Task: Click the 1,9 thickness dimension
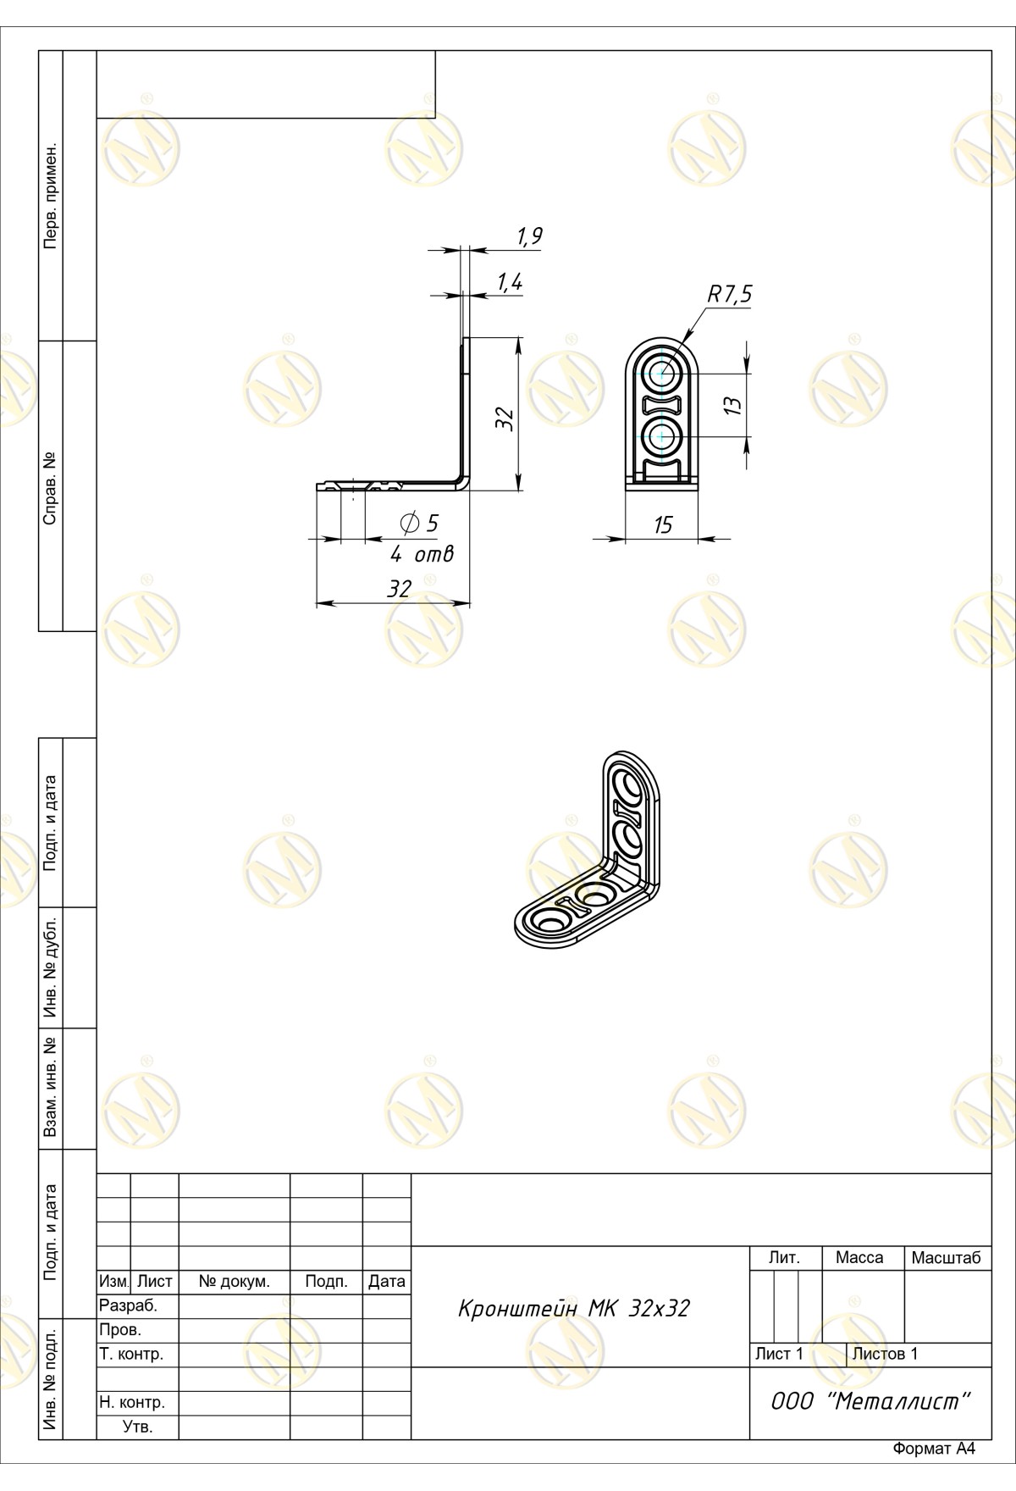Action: pyautogui.click(x=529, y=236)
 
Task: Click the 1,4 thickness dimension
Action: pyautogui.click(x=510, y=283)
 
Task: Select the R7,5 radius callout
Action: pyautogui.click(x=730, y=295)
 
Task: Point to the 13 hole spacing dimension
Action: pyautogui.click(x=735, y=405)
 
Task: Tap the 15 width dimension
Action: pyautogui.click(x=663, y=525)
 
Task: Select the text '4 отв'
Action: pyautogui.click(x=422, y=555)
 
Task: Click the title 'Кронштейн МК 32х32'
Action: pyautogui.click(x=574, y=1309)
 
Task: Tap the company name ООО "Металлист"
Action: pyautogui.click(x=870, y=1401)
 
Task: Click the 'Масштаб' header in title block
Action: pyautogui.click(x=946, y=1258)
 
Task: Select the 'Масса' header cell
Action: pyautogui.click(x=859, y=1258)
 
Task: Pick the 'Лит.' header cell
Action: pyautogui.click(x=784, y=1258)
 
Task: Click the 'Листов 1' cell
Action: pyautogui.click(x=885, y=1354)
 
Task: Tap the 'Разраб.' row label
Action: pyautogui.click(x=129, y=1306)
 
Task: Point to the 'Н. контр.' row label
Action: pyautogui.click(x=132, y=1402)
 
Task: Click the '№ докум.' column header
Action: pyautogui.click(x=235, y=1282)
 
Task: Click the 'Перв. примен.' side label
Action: pyautogui.click(x=51, y=196)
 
